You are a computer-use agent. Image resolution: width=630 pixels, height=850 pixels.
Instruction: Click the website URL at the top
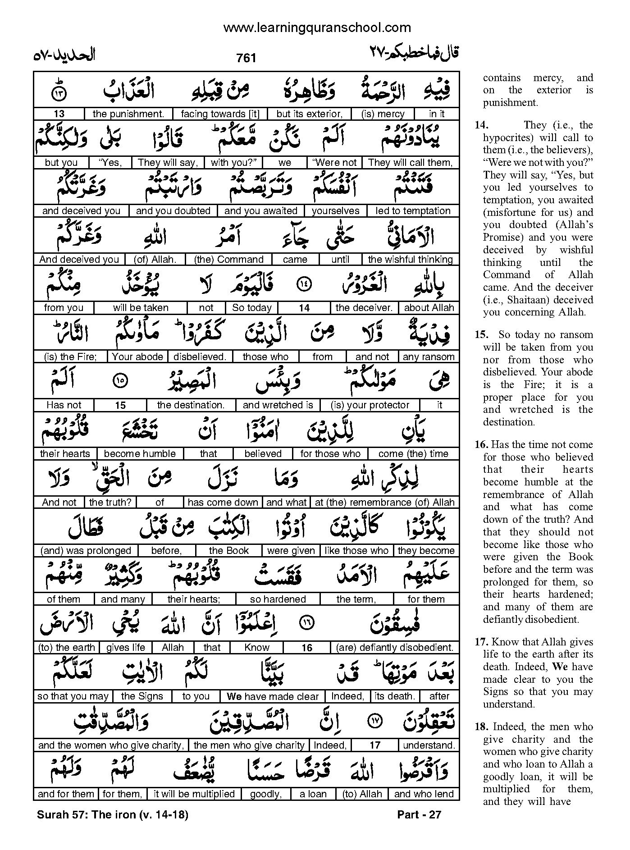[317, 28]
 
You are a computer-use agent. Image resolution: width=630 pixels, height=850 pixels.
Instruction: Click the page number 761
[246, 58]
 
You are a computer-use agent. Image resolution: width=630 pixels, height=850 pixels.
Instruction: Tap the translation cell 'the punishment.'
[128, 114]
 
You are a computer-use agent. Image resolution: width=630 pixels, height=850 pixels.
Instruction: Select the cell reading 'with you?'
[233, 163]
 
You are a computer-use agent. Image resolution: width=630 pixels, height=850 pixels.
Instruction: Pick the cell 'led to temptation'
[413, 211]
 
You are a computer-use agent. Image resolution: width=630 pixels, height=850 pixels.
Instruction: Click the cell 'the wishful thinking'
[410, 260]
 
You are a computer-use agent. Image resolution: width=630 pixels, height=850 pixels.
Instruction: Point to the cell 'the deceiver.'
[364, 308]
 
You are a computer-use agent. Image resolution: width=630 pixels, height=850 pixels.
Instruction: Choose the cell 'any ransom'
[428, 357]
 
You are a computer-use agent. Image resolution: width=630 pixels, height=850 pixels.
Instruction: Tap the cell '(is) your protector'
[370, 405]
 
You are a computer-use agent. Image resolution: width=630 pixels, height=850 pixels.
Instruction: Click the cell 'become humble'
[140, 454]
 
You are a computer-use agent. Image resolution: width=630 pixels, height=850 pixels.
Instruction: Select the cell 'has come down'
[223, 503]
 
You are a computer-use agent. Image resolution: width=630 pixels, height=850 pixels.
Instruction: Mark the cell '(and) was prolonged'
[86, 551]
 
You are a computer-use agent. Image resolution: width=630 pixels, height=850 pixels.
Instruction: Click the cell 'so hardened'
[278, 599]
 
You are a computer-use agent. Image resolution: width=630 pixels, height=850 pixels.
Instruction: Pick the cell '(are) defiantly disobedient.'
[394, 648]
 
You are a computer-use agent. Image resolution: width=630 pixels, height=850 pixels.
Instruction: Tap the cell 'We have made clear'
[273, 696]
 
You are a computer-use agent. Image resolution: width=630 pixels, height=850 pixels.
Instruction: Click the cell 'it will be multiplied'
[194, 794]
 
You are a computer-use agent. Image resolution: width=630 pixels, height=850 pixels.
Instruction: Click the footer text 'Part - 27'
[419, 815]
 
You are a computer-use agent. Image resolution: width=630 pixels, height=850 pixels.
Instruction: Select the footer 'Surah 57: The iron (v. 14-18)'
[111, 815]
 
